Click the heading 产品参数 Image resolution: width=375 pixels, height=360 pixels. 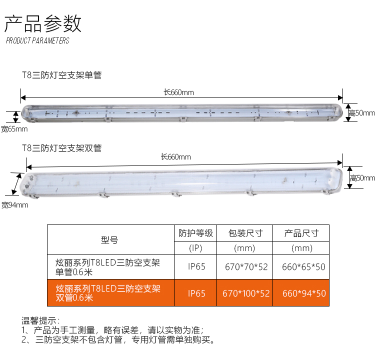(x=43, y=23)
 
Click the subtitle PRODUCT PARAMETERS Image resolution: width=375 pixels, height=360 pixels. (x=37, y=40)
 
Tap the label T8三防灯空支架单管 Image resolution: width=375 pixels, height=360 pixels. (x=61, y=75)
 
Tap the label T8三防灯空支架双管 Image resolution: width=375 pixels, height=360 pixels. (x=61, y=148)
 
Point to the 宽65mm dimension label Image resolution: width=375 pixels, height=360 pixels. (x=14, y=129)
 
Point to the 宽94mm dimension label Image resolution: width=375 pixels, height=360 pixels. (x=15, y=205)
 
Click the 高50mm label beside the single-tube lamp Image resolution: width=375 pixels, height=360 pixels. (x=361, y=113)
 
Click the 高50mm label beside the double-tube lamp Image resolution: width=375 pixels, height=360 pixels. (x=362, y=178)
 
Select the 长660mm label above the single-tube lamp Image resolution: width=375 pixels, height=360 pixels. (x=178, y=92)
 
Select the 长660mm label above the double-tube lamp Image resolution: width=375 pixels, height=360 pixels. (x=176, y=157)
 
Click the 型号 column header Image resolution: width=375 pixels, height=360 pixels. (x=109, y=240)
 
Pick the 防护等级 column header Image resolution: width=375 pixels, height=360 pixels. (x=195, y=233)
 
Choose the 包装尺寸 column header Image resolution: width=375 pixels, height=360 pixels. (x=245, y=233)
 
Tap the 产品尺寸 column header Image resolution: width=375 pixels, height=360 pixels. (x=301, y=233)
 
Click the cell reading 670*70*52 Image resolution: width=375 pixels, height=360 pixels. (x=246, y=267)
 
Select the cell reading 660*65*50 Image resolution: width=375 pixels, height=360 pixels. (x=303, y=267)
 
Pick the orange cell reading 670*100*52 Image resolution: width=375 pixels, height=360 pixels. (x=246, y=293)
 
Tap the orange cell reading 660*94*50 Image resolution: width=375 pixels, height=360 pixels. (x=304, y=293)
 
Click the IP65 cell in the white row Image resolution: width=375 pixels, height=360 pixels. (x=196, y=266)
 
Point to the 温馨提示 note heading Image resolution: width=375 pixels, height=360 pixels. (x=40, y=320)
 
